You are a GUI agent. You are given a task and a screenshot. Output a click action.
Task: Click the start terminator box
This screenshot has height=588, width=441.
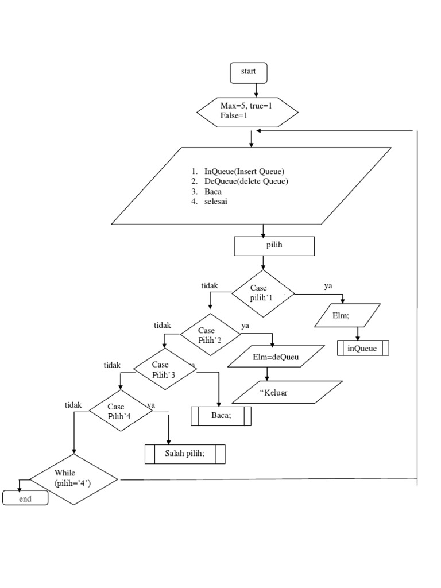pos(248,72)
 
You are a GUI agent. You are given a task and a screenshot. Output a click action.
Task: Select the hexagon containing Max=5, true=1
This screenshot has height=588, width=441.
pos(247,111)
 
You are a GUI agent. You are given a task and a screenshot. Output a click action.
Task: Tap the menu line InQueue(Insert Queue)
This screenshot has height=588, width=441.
pos(244,171)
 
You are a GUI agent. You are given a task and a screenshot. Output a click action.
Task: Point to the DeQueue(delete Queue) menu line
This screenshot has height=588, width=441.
pos(246,181)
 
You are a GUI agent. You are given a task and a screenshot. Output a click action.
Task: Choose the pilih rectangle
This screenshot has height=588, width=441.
pos(274,246)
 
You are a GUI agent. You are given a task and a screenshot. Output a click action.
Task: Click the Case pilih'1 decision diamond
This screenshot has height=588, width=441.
pos(263,293)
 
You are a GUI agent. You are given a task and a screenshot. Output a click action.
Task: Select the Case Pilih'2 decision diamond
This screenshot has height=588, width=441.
pos(210,335)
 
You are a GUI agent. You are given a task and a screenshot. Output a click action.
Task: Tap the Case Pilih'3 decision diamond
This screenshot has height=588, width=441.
pos(163,369)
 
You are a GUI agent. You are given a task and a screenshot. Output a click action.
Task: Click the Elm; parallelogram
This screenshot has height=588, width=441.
pos(347,315)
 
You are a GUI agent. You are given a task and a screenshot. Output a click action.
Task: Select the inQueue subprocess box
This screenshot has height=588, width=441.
pos(363,348)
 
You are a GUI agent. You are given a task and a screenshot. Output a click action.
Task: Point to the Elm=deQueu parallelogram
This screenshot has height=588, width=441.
pos(276,357)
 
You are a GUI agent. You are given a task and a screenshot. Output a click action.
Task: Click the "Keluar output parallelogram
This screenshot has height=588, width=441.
pos(287,393)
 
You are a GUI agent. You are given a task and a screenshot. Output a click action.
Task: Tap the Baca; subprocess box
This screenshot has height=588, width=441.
pos(220,416)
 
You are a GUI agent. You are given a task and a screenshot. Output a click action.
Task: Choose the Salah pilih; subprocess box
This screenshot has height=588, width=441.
pos(184,454)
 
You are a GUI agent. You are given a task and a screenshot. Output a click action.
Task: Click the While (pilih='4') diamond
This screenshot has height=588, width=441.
pos(73,479)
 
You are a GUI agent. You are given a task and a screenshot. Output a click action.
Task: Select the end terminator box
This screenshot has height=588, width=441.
pos(25,498)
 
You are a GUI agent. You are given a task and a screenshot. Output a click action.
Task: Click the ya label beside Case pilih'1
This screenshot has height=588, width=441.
pos(328,285)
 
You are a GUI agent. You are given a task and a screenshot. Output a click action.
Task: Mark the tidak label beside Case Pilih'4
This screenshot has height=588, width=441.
pos(73,405)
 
